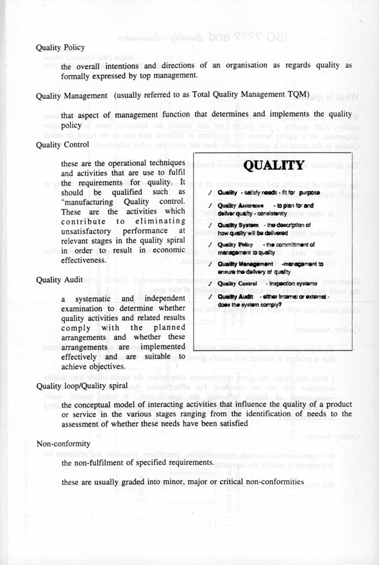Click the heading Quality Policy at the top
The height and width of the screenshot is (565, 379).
tap(60, 48)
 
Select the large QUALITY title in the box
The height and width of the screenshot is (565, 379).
tap(274, 165)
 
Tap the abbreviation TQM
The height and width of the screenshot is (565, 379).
tap(299, 94)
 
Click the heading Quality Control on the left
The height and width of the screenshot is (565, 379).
tap(62, 145)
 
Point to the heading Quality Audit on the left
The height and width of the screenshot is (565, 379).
tap(59, 280)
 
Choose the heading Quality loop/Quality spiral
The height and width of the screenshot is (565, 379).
tap(82, 386)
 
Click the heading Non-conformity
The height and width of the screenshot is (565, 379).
tap(63, 444)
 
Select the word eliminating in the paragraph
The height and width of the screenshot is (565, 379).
tap(160, 221)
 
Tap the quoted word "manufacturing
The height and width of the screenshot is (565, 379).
tap(87, 202)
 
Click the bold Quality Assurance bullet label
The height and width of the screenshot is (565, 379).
tap(240, 206)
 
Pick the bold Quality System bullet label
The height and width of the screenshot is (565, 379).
tap(238, 225)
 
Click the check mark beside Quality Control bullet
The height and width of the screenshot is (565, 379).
tap(209, 284)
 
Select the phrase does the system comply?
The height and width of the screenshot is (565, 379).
tap(250, 304)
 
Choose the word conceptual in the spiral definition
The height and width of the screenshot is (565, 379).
tap(96, 405)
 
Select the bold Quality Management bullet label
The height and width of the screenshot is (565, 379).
tap(245, 264)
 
